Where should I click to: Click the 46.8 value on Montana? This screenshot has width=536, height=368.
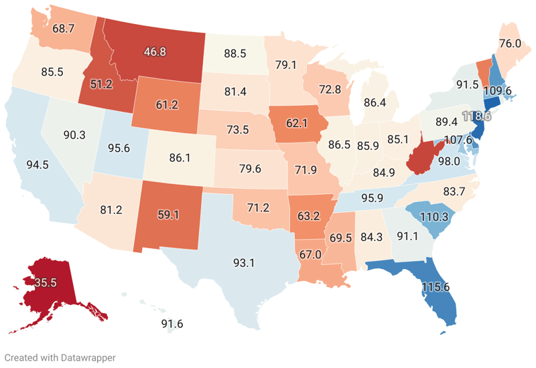[x=153, y=51]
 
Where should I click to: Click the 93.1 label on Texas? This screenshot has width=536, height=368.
[x=243, y=263]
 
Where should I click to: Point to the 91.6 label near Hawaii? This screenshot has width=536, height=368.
[x=172, y=324]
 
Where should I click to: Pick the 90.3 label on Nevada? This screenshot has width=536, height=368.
[x=74, y=135]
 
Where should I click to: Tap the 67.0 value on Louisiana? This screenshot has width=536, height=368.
[x=311, y=254]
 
